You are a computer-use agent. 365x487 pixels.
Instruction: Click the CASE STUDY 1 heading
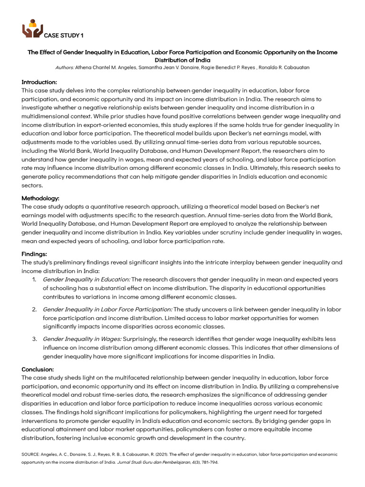[x=63, y=36]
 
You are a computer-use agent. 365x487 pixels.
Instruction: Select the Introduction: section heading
[x=39, y=82]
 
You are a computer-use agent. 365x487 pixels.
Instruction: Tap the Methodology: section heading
[x=40, y=198]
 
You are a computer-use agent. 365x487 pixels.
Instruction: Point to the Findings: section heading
[x=34, y=254]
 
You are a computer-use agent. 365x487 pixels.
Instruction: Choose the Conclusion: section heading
[x=38, y=369]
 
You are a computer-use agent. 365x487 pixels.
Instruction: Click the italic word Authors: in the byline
[x=65, y=68]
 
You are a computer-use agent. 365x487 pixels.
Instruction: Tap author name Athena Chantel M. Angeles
[x=109, y=68]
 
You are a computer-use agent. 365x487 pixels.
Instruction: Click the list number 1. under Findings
[x=34, y=279]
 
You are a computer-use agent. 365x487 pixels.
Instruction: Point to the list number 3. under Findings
[x=34, y=339]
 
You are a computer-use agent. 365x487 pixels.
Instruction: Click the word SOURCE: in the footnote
[x=31, y=454]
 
